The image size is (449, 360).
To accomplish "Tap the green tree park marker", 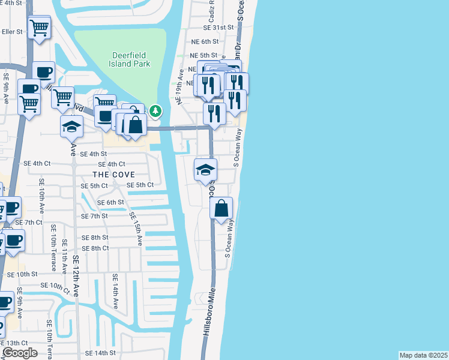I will [x=155, y=110].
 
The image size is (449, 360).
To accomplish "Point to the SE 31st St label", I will [x=217, y=28].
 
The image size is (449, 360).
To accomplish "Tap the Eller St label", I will [x=11, y=32].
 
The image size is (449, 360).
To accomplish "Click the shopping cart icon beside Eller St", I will [x=40, y=28].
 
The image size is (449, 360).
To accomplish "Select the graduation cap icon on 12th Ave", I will [x=71, y=127].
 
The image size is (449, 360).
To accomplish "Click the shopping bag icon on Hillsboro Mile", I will [x=221, y=209].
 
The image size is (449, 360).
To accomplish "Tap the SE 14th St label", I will [x=100, y=353].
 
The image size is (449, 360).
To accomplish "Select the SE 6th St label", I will [x=110, y=202].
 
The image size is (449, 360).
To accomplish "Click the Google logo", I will [x=19, y=353].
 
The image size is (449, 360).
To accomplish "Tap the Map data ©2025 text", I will [x=423, y=355].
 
